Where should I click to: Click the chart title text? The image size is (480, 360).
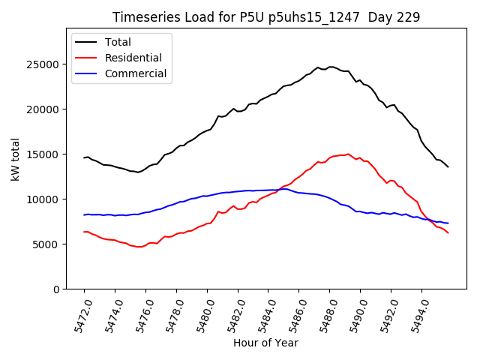[x=266, y=17]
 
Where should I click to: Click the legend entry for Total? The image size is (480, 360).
[x=118, y=42]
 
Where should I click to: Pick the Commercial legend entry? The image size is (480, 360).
[x=135, y=73]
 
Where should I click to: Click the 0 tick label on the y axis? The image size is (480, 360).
[x=57, y=289]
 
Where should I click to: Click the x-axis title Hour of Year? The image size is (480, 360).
[x=265, y=343]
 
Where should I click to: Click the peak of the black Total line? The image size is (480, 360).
[x=331, y=67]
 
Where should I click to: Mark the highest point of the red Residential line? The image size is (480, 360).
[x=348, y=154]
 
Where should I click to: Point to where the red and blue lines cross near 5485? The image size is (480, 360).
[x=278, y=189]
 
